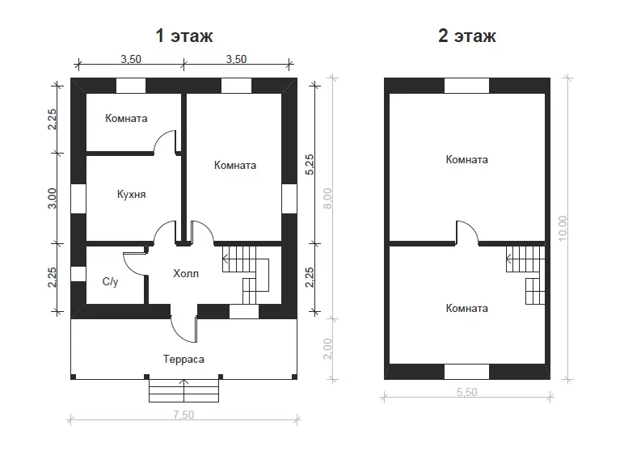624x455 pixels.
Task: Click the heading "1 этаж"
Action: click(184, 36)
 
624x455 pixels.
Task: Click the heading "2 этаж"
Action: click(467, 36)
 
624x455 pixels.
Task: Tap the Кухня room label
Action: click(131, 195)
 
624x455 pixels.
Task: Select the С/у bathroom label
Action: click(110, 281)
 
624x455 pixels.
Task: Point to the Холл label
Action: click(186, 274)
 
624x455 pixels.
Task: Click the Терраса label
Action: click(183, 360)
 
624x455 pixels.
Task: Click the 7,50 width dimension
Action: click(183, 415)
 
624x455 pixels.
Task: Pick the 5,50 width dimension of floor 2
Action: click(467, 392)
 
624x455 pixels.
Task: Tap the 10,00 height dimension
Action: click(563, 228)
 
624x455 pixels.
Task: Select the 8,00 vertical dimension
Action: click(327, 199)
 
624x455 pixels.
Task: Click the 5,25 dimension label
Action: click(310, 165)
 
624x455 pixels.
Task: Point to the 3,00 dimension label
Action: click(52, 199)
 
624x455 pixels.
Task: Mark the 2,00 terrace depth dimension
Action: click(327, 349)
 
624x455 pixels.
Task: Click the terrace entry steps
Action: click(183, 390)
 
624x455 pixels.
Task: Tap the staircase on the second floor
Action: click(525, 275)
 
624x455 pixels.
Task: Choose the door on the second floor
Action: click(467, 232)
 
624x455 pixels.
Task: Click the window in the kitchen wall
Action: click(78, 198)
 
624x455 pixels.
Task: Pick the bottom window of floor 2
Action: click(466, 372)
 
